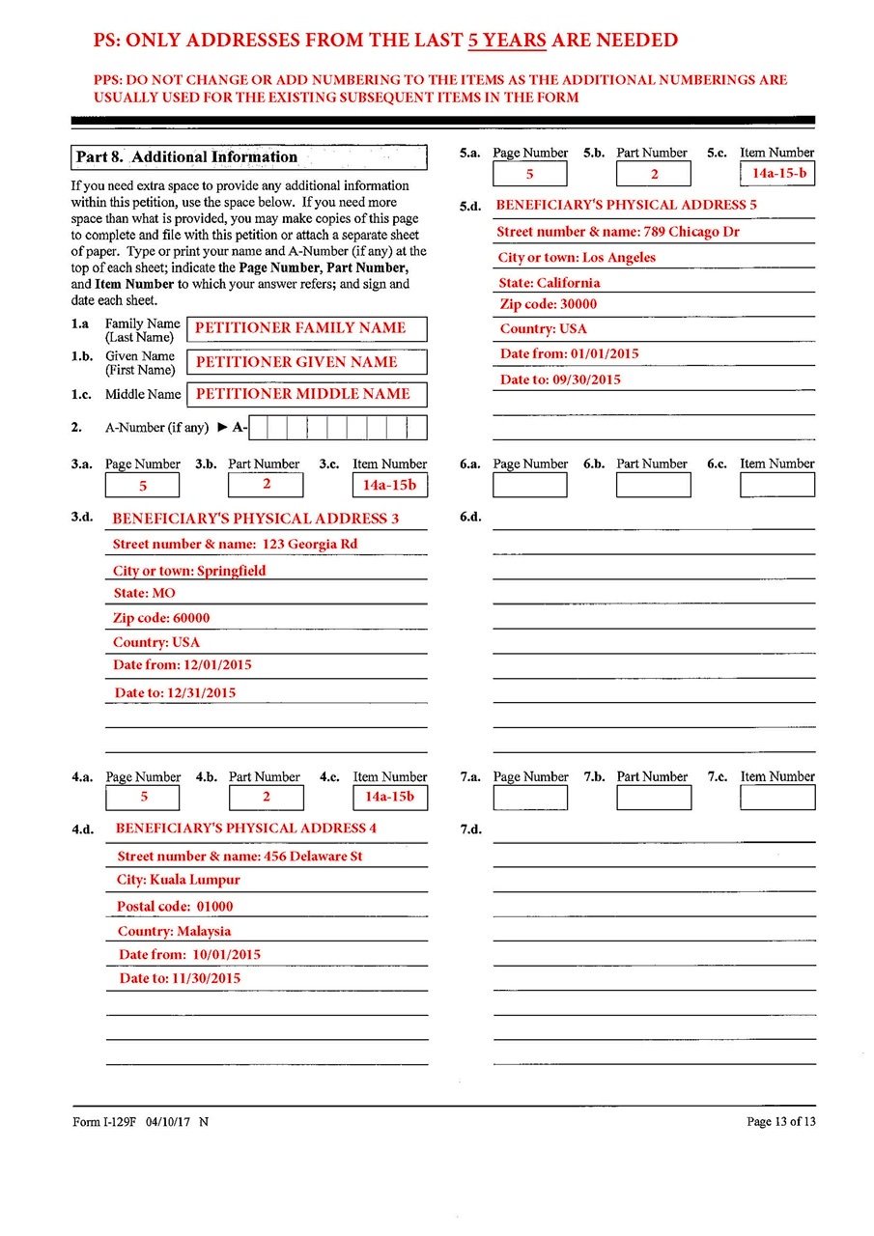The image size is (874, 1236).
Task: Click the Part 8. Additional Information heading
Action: pyautogui.click(x=186, y=157)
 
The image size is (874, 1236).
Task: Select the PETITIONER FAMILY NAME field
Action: pyautogui.click(x=304, y=328)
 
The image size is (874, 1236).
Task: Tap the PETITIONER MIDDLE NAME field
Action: pyautogui.click(x=304, y=394)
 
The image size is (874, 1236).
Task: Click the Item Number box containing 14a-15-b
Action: pyautogui.click(x=777, y=174)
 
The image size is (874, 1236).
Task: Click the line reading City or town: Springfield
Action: pyautogui.click(x=189, y=571)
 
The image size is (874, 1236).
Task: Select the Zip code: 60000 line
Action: pyautogui.click(x=161, y=618)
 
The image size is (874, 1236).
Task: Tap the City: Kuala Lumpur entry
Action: pyautogui.click(x=179, y=880)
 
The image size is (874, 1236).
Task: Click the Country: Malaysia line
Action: pyautogui.click(x=175, y=932)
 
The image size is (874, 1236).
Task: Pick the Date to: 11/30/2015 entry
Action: pyautogui.click(x=180, y=978)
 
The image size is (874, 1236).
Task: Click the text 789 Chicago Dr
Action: pyautogui.click(x=691, y=232)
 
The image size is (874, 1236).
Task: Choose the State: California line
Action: pyautogui.click(x=549, y=283)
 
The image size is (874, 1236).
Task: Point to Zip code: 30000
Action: pyautogui.click(x=548, y=304)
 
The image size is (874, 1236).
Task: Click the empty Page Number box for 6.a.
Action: pyautogui.click(x=530, y=485)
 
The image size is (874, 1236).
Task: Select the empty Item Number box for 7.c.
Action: pyautogui.click(x=777, y=798)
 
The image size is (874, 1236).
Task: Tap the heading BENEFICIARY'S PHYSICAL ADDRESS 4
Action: pyautogui.click(x=245, y=829)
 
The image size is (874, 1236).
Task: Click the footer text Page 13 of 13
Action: pyautogui.click(x=780, y=1121)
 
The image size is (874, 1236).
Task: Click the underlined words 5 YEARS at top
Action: pyautogui.click(x=508, y=41)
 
